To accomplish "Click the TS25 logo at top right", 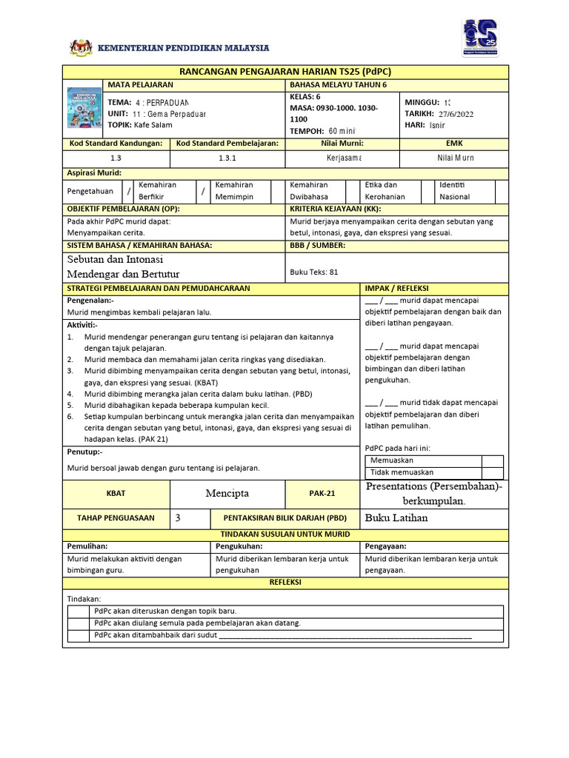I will [x=480, y=37].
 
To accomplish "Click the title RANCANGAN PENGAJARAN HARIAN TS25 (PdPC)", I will [x=286, y=71].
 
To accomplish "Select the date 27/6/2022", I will [x=456, y=114].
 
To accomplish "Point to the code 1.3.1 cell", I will [x=227, y=158].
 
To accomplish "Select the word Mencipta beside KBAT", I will [x=227, y=493].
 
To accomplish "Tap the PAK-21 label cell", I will [x=322, y=493].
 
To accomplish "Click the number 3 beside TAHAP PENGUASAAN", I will [x=178, y=518].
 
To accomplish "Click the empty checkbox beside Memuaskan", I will [x=492, y=460].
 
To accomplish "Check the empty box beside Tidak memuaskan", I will [x=492, y=472].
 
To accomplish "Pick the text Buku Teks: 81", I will [x=314, y=272].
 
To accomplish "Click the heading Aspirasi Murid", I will [x=95, y=172].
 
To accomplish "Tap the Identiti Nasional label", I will [x=454, y=191].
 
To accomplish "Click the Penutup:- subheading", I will [x=85, y=452].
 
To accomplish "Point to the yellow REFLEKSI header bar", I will [x=286, y=583].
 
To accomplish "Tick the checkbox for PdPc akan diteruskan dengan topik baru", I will [x=78, y=611].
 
